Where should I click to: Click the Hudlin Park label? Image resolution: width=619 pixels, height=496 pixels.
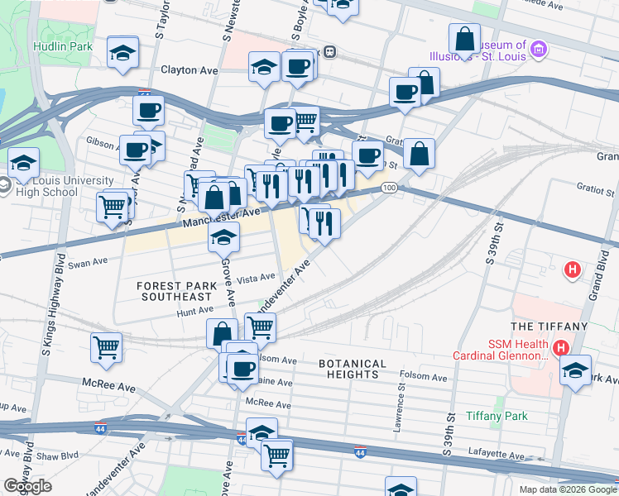coord(62,47)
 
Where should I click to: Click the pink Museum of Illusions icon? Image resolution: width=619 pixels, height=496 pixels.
coord(540,50)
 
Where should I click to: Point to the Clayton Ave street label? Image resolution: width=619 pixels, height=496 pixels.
coord(190,71)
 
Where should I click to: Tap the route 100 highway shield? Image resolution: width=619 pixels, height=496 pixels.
coord(389,189)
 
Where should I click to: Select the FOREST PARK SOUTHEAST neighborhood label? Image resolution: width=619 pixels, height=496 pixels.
coord(175,291)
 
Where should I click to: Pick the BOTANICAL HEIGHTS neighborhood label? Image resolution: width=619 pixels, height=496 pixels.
coord(353,369)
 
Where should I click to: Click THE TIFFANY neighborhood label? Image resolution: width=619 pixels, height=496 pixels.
coord(549,327)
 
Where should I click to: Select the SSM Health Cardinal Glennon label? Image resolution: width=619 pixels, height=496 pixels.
coord(500,351)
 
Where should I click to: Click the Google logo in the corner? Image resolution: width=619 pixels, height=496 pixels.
coord(28,486)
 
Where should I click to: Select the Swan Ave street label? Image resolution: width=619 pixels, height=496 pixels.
coord(89,263)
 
